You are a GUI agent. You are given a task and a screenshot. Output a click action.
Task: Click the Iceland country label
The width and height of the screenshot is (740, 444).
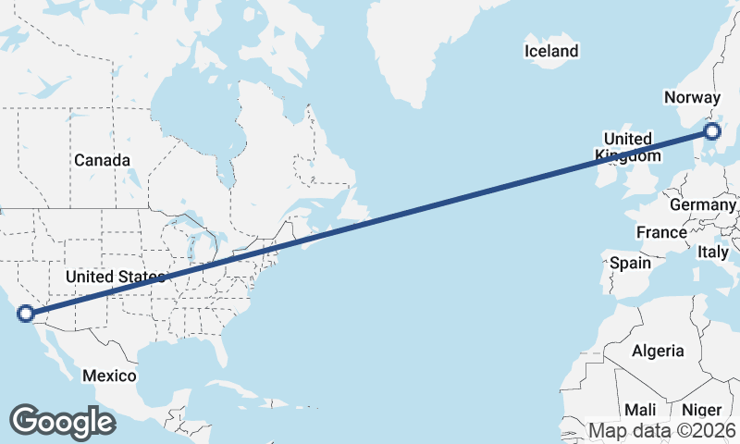(551, 52)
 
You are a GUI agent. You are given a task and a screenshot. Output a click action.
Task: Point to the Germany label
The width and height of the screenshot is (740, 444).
(703, 204)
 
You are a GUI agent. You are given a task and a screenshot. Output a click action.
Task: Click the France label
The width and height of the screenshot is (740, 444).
(661, 231)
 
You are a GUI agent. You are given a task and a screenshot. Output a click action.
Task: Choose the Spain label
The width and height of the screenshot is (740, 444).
(630, 263)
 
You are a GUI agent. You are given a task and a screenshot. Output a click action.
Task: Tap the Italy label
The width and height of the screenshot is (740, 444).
(713, 252)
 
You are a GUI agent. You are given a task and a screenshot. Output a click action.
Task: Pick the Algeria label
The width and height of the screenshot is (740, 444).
(658, 351)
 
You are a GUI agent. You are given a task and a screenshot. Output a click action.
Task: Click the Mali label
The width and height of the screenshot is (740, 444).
(640, 410)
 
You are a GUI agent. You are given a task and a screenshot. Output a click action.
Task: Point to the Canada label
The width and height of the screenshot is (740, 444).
(102, 160)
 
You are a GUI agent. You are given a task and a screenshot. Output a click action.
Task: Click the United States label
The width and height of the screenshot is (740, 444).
(115, 277)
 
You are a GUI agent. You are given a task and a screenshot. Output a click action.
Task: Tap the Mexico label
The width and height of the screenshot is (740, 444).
(109, 376)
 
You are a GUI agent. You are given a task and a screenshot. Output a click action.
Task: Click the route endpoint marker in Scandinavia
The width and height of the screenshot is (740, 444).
(711, 132)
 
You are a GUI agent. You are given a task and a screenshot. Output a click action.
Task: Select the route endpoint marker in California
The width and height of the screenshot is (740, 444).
(26, 314)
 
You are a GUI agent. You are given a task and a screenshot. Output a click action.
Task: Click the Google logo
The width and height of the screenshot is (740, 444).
(62, 421)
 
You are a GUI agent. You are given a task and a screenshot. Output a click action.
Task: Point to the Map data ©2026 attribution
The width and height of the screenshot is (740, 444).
(662, 430)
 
